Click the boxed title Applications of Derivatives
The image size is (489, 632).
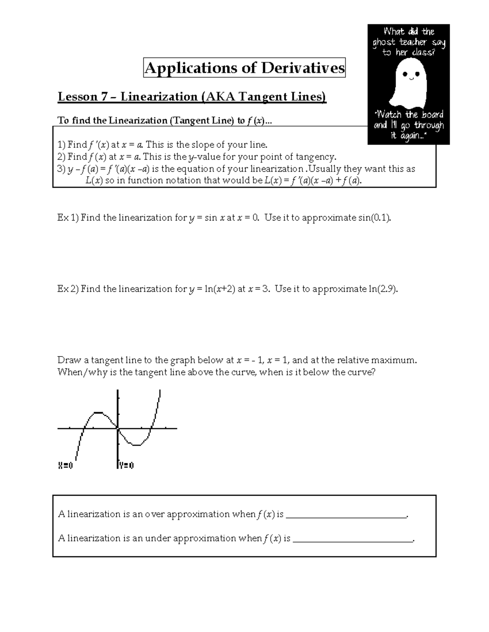tap(244, 68)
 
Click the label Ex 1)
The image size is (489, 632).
tap(68, 218)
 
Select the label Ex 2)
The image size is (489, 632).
tap(68, 289)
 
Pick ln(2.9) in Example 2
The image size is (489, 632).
tap(382, 289)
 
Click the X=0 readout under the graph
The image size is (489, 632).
tap(66, 466)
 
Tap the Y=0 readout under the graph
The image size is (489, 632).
tap(127, 466)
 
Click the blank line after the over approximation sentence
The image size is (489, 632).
tap(346, 516)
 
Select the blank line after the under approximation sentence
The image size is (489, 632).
tap(353, 540)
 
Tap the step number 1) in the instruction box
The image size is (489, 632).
tap(62, 145)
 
